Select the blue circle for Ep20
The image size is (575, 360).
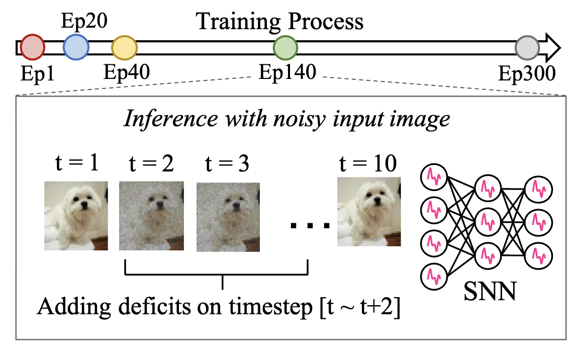76,47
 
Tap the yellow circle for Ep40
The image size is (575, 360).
124,47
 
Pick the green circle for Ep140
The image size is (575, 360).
285,47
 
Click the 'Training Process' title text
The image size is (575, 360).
279,22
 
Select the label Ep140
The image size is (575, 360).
287,73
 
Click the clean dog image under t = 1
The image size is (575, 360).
76,216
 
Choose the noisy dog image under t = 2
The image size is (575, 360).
151,216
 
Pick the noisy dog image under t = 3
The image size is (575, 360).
228,216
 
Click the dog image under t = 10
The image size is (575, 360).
369,216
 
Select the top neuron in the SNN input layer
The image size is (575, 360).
433,176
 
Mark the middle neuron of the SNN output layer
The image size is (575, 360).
538,220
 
